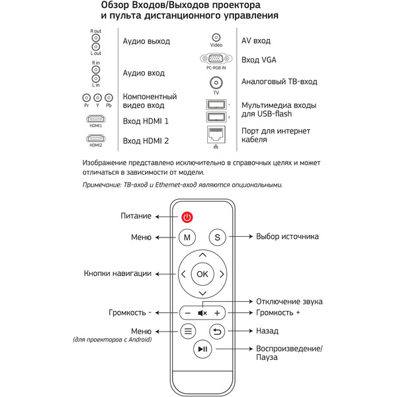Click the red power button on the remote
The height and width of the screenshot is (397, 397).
pos(187,216)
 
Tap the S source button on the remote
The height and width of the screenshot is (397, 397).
pos(217,237)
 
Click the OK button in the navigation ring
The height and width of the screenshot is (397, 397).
pos(202,273)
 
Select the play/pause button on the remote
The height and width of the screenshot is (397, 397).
pos(202,349)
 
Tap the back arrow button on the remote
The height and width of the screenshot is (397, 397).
pos(217,331)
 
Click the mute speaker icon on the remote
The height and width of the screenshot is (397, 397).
pos(202,312)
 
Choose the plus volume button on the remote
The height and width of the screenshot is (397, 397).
pos(217,312)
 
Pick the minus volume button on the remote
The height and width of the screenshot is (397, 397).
pos(187,312)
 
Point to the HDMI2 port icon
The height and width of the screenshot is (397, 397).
pos(96,138)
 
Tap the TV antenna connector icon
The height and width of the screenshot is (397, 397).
pos(216,83)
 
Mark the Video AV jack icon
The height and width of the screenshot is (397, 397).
pos(216,38)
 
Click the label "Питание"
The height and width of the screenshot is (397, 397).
pos(136,216)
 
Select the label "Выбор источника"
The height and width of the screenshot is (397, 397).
pos(287,237)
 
